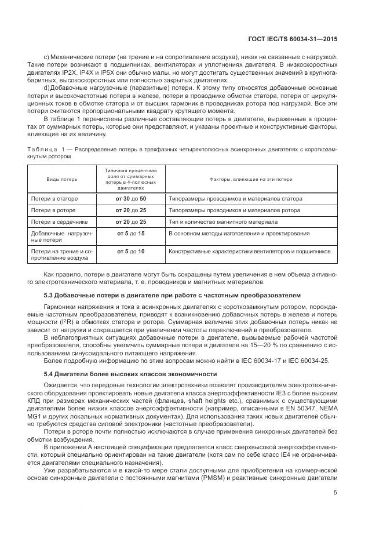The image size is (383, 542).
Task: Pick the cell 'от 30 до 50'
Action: tap(131, 199)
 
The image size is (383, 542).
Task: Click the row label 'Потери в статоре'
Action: tap(54, 199)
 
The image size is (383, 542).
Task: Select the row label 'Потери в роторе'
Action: tap(53, 210)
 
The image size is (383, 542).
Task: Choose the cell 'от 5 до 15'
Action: tap(131, 233)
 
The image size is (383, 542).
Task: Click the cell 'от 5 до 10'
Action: tap(131, 252)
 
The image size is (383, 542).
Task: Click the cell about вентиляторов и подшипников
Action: tap(249, 252)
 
